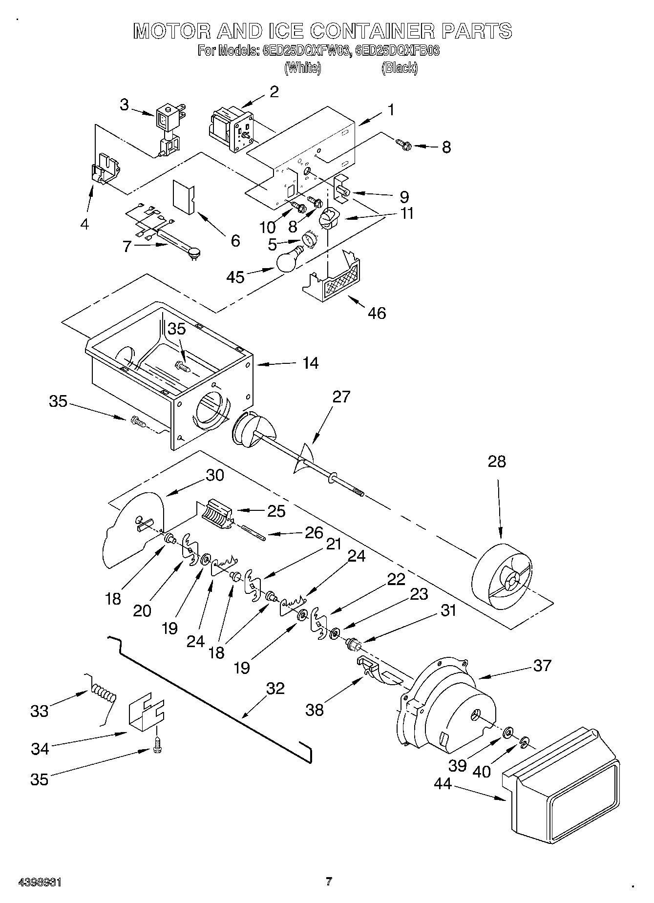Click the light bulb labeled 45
pos(289,260)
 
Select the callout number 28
pos(497,462)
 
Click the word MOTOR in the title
pos(169,31)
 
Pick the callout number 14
pos(310,363)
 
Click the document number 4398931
pos(40,882)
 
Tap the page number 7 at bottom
pos(329,882)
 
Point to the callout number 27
pos(341,397)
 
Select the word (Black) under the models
pos(400,68)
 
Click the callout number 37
pos(542,665)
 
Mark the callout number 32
pos(275,689)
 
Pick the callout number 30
pos(215,475)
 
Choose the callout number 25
pos(276,510)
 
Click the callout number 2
pos(274,91)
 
